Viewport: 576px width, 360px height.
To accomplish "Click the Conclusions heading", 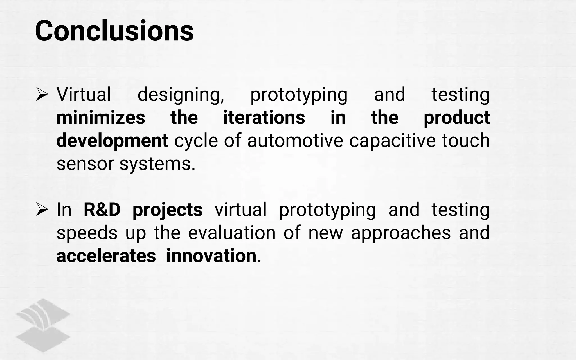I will click(114, 31).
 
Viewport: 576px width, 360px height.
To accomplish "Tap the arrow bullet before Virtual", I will click(42, 94).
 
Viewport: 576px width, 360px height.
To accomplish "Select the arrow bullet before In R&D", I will click(42, 210).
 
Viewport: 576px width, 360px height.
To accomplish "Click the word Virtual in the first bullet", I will click(84, 94).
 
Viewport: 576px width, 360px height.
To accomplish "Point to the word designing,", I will click(181, 95).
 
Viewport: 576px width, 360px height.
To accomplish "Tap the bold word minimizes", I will click(101, 118).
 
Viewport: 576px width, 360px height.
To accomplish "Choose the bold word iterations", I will click(264, 118).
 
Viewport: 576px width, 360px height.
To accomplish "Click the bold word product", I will click(457, 118).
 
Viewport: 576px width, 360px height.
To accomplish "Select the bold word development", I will click(112, 141).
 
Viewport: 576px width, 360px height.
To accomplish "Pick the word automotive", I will click(295, 141).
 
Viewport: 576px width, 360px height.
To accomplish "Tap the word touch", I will click(466, 141).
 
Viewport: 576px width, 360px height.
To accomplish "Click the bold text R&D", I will click(102, 210).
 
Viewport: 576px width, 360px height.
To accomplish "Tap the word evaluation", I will click(232, 233).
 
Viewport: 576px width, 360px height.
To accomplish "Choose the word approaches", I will click(401, 233).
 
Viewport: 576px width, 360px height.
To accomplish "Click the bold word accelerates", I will click(106, 256).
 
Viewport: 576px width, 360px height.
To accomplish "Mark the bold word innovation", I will click(211, 256).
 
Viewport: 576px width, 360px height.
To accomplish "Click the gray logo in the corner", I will click(43, 325).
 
